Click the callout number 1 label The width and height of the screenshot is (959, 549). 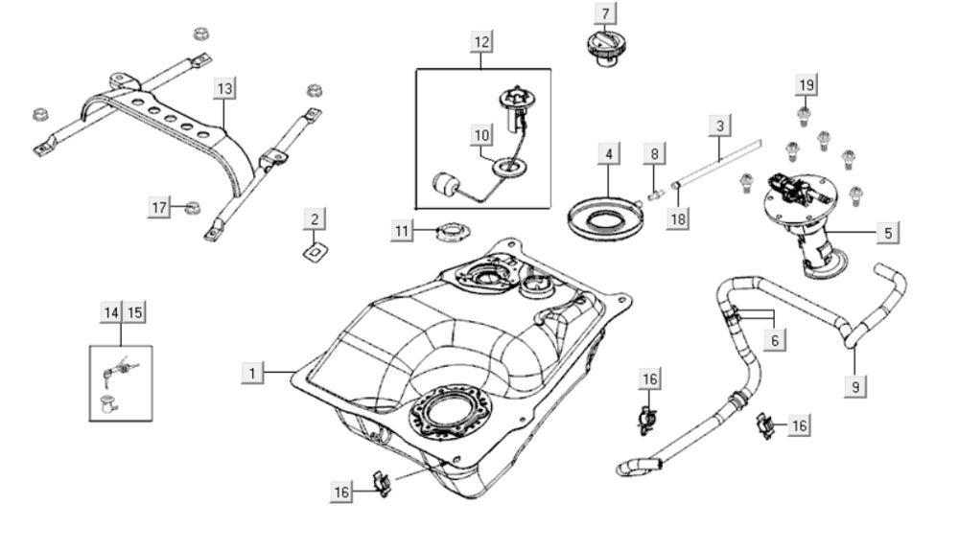pyautogui.click(x=252, y=373)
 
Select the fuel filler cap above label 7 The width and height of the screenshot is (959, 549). pyautogui.click(x=603, y=48)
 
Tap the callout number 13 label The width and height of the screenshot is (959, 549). pyautogui.click(x=223, y=89)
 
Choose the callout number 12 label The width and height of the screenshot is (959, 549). pyautogui.click(x=481, y=41)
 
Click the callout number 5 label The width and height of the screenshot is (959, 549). pyautogui.click(x=887, y=232)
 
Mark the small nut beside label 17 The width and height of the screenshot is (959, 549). pyautogui.click(x=191, y=206)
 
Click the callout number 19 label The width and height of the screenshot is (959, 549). pyautogui.click(x=807, y=85)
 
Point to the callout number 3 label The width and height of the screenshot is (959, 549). pyautogui.click(x=720, y=126)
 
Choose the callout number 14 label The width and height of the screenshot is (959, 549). pyautogui.click(x=111, y=312)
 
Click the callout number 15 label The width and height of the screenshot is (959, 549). pyautogui.click(x=134, y=312)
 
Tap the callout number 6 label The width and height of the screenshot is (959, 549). pyautogui.click(x=775, y=338)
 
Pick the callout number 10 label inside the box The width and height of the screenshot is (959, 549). pyautogui.click(x=481, y=135)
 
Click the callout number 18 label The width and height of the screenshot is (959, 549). pyautogui.click(x=679, y=219)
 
